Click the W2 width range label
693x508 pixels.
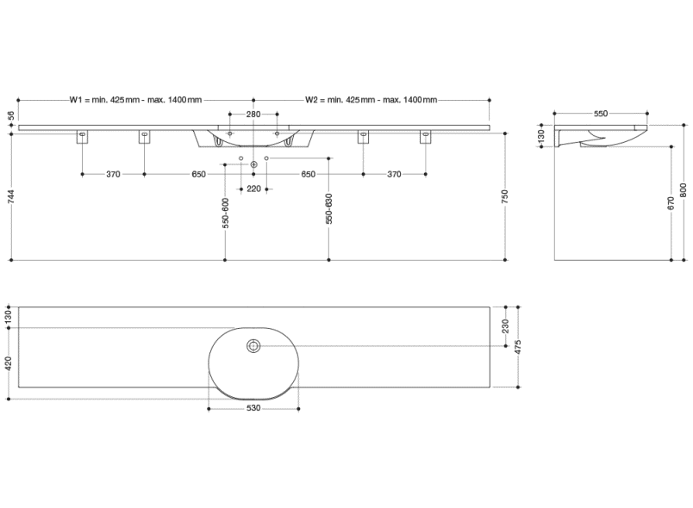click(370, 101)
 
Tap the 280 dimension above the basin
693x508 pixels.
click(253, 115)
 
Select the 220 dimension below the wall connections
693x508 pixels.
click(253, 189)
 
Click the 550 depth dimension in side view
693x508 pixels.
click(600, 114)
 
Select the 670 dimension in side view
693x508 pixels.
click(671, 203)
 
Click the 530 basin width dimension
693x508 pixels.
click(253, 408)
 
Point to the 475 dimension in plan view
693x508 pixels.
click(518, 347)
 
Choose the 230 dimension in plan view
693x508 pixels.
click(506, 325)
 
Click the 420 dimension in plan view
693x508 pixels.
click(9, 364)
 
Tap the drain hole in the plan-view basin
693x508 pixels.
click(253, 346)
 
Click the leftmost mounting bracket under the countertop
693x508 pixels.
click(83, 138)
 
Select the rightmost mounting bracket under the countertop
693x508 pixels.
click(425, 138)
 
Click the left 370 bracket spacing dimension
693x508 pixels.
click(113, 175)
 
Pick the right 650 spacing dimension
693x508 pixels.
click(308, 175)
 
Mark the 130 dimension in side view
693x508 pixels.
click(541, 137)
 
